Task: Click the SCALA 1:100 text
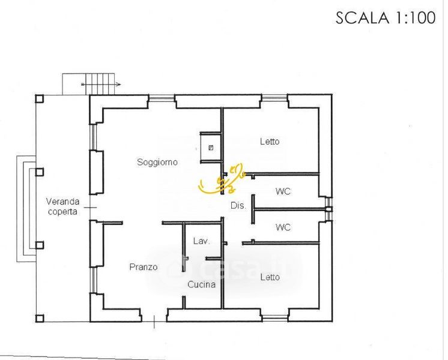point(385,17)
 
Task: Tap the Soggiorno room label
point(157,162)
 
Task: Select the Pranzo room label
point(144,267)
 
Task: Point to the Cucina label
point(201,285)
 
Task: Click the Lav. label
point(201,241)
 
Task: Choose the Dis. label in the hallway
point(238,205)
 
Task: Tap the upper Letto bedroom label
point(270,142)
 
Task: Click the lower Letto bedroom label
point(270,277)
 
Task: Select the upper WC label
point(283,192)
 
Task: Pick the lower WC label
point(283,227)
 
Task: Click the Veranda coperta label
point(62,206)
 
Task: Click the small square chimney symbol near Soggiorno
point(210,147)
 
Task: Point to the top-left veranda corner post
point(39,99)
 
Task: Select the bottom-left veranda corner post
point(39,318)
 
